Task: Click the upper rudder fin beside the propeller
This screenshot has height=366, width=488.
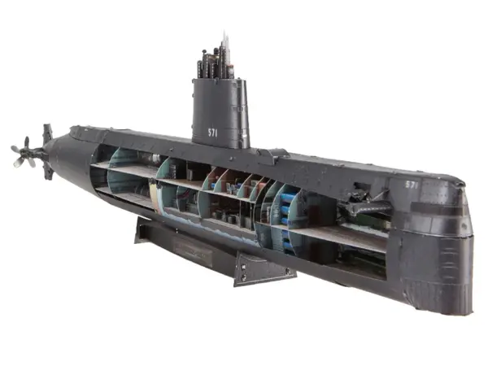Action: pos(47,133)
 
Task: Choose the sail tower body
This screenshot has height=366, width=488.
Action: pos(220,114)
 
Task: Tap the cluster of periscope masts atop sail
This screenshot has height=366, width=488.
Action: pos(215,59)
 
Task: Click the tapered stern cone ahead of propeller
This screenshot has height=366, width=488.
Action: pos(61,155)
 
